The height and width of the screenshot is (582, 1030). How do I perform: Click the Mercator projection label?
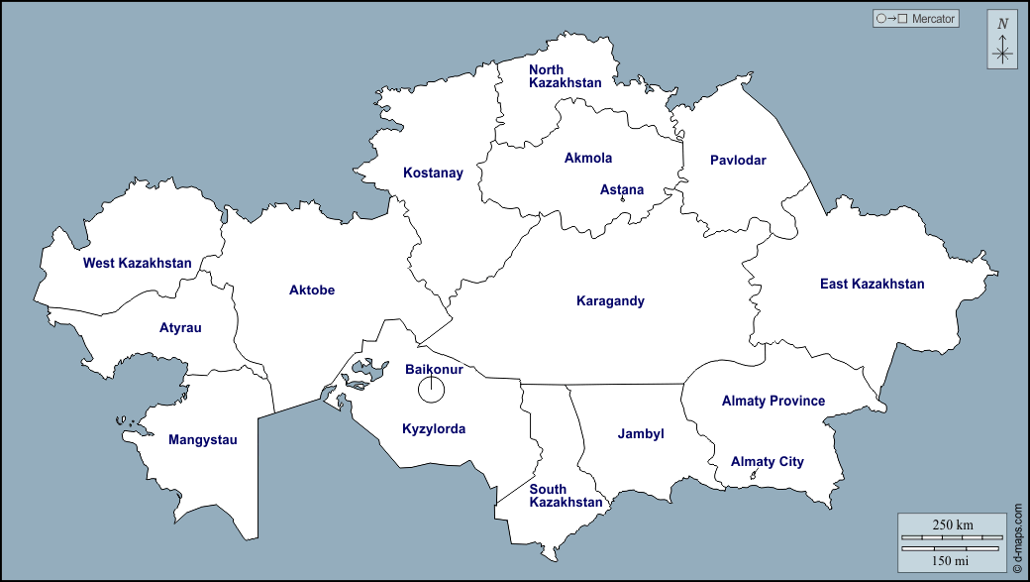point(915,18)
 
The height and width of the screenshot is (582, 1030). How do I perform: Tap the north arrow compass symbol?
point(1002,41)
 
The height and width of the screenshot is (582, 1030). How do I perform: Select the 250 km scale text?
point(952,524)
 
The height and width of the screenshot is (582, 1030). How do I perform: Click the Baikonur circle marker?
point(431,390)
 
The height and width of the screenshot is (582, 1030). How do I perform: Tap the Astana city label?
point(622,189)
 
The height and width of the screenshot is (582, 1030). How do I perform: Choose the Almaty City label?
point(768,461)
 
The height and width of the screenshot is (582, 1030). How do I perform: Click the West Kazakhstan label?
point(137,263)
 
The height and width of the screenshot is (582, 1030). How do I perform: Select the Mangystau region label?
point(203,439)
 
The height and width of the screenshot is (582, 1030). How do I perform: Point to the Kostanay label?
point(433,173)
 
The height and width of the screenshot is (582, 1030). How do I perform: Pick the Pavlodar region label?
point(738,160)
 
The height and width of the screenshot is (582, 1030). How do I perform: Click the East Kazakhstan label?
point(872,284)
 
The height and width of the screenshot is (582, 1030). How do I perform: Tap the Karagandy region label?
point(610,300)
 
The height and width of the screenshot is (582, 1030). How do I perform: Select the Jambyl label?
point(641,433)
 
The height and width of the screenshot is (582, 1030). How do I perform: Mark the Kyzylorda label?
point(434,429)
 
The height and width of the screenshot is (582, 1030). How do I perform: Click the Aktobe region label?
point(312,290)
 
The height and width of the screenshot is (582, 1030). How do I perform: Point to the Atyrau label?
point(180,327)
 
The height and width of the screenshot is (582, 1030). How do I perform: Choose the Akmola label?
point(588,158)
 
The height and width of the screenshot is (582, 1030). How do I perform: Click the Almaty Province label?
point(773,401)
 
